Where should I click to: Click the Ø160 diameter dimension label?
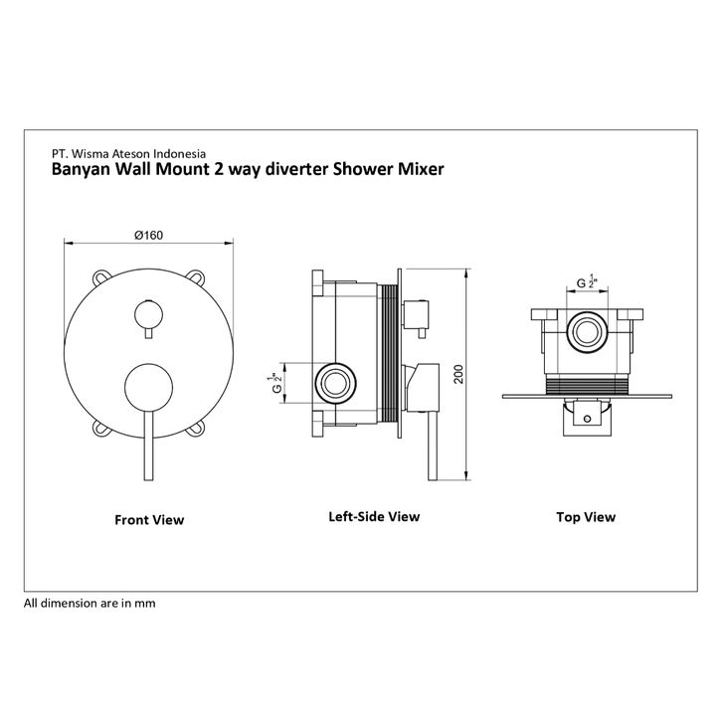click(148, 235)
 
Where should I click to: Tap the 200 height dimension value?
click(458, 373)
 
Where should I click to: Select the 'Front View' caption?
click(149, 519)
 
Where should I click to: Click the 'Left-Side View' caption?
click(374, 516)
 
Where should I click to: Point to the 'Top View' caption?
click(586, 516)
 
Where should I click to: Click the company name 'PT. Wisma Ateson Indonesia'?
click(128, 154)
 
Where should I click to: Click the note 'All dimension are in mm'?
click(90, 603)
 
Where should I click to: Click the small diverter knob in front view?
click(149, 316)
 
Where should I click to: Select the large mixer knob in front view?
click(149, 387)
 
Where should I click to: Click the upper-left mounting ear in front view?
click(102, 275)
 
